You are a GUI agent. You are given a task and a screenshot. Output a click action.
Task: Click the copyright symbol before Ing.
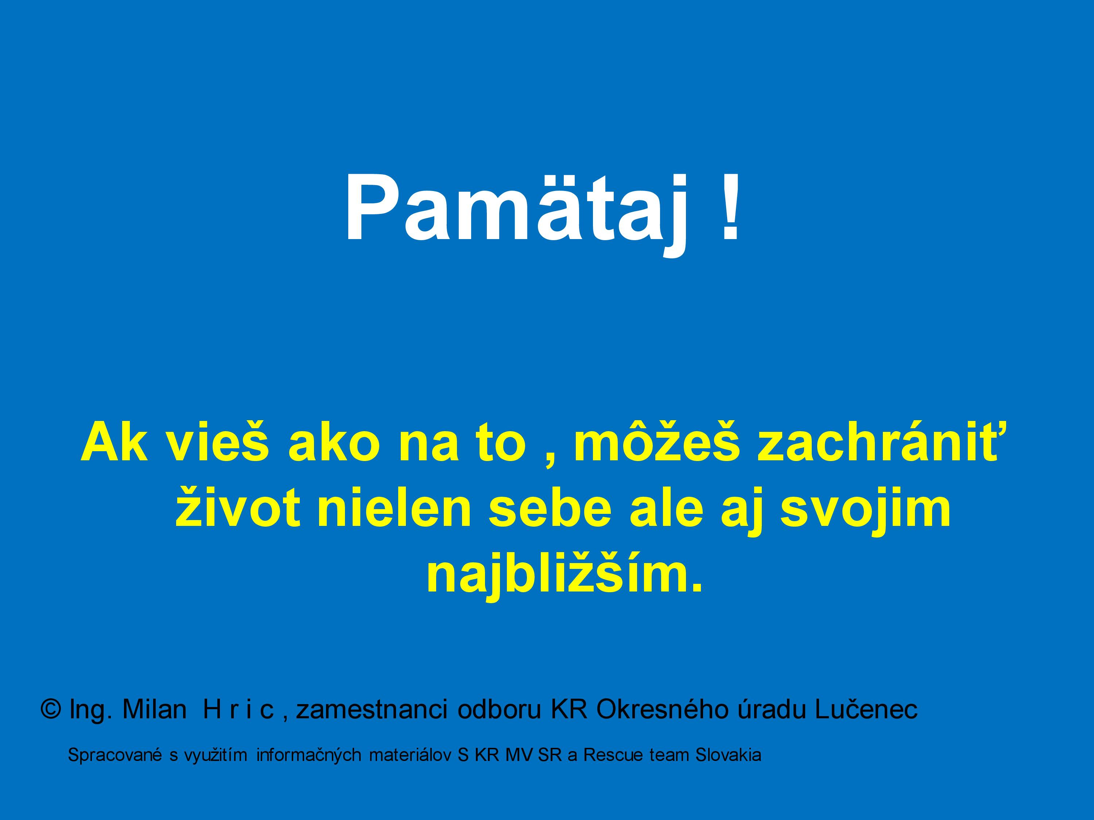[x=51, y=709]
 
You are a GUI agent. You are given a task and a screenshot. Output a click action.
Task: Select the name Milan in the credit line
[x=154, y=709]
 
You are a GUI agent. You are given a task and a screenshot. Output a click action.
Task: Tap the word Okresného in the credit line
[x=662, y=709]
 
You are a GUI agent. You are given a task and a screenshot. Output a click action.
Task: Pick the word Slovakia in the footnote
[x=728, y=755]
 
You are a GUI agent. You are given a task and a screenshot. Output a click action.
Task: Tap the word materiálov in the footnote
[x=411, y=755]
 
